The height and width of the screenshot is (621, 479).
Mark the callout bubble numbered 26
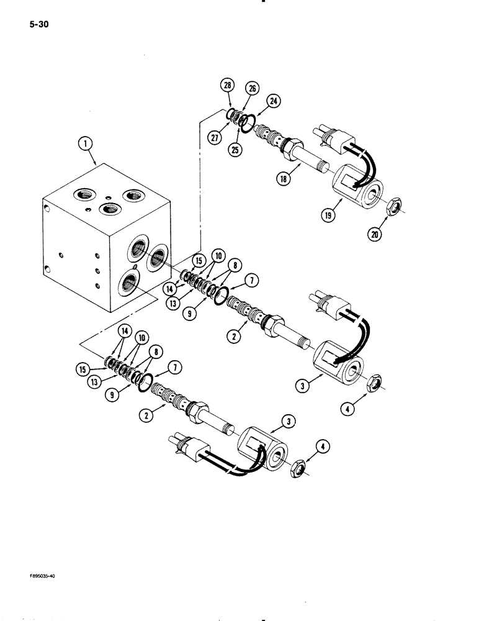point(253,89)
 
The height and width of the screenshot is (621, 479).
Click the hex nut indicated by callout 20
point(393,209)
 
